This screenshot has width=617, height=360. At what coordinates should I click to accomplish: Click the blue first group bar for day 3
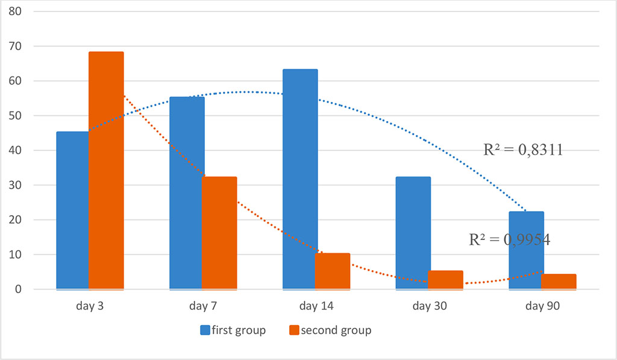[x=72, y=210]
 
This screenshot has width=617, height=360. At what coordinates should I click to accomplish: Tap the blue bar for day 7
[x=187, y=193]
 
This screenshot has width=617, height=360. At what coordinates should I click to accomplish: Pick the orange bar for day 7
[x=219, y=233]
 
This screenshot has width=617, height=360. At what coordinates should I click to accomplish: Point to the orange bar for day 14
[x=333, y=271]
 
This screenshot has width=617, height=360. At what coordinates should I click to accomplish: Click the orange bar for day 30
[x=446, y=280]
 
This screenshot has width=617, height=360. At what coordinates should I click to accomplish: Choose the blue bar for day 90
[x=527, y=250]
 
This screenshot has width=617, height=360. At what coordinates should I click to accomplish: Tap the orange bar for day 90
[x=559, y=282]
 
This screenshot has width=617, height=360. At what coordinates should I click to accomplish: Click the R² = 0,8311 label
[x=523, y=150]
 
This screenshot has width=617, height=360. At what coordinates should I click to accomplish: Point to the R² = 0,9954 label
[x=509, y=239]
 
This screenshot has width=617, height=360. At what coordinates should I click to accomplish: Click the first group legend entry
[x=233, y=330]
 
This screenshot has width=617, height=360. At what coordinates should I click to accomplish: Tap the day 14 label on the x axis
[x=316, y=306]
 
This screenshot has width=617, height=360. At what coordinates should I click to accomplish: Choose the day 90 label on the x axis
[x=543, y=306]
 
